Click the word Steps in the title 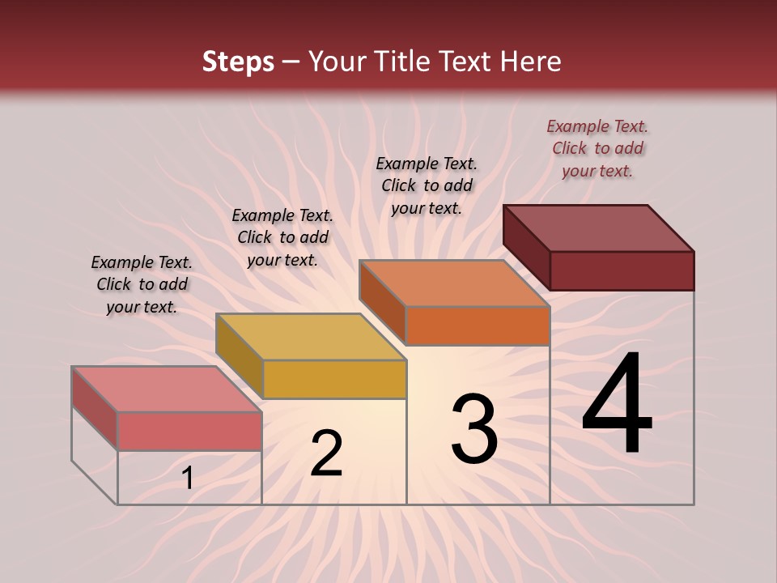click(x=238, y=62)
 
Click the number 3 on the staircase click(x=474, y=428)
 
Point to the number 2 click(x=326, y=453)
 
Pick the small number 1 click(x=188, y=479)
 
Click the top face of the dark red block click(x=599, y=228)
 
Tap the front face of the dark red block click(x=622, y=270)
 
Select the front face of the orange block click(x=478, y=326)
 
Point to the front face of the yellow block click(x=333, y=380)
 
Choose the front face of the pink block click(x=189, y=431)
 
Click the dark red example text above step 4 click(x=597, y=148)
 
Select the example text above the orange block click(x=427, y=185)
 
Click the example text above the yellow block click(x=282, y=237)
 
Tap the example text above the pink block click(x=142, y=284)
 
